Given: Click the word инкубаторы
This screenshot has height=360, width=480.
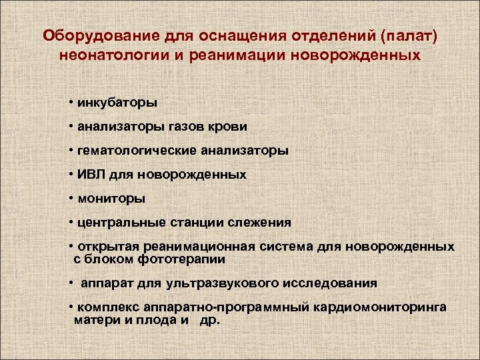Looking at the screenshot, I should coord(117,103).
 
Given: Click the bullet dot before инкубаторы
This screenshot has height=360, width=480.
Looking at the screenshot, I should coord(70,103).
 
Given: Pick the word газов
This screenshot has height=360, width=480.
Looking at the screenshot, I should coord(188,127).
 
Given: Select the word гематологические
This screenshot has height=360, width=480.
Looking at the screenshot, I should coord(136,151).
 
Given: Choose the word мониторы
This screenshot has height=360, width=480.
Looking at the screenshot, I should coord(111,198).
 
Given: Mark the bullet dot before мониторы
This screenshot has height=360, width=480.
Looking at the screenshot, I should coord(70,198).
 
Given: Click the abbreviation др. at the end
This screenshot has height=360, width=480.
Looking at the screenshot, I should coord(210,319).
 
